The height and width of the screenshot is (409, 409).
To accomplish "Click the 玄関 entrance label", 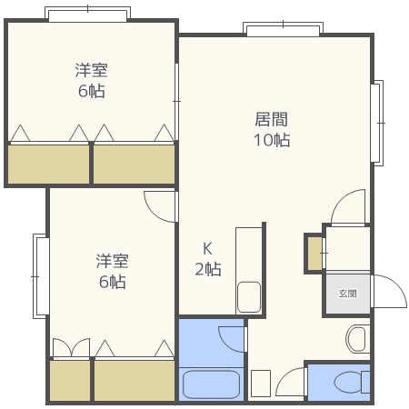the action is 347,294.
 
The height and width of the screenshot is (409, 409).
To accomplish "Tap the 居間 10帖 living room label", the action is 272,129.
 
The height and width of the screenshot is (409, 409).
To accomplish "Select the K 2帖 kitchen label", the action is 208,259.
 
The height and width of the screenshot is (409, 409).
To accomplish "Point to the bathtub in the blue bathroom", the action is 212,384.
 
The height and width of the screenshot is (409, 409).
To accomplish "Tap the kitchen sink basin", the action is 249,297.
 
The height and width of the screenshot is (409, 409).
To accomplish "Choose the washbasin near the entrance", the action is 357,339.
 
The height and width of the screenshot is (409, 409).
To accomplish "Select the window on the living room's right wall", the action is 377,123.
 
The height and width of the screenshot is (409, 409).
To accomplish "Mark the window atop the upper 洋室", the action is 87,14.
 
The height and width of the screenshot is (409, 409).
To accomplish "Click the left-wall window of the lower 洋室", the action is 41,276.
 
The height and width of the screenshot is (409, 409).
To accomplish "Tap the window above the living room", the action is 283,29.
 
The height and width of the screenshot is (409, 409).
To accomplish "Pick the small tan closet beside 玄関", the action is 314,254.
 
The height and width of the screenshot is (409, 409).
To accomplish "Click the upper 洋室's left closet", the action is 48,164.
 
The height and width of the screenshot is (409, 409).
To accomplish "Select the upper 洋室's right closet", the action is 134,164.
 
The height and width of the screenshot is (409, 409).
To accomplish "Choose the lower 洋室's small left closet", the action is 70,381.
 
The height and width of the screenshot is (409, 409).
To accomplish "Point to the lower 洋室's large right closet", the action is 135,381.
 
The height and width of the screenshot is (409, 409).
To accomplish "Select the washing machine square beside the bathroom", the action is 261,384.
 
